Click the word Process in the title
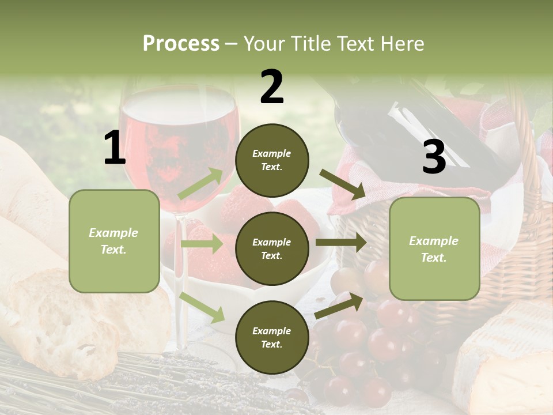click(x=181, y=43)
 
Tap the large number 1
click(x=115, y=148)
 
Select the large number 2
click(x=272, y=87)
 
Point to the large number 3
click(x=434, y=157)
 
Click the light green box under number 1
click(x=114, y=241)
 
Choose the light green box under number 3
click(x=434, y=248)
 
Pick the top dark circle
click(x=272, y=160)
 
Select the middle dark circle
click(x=272, y=248)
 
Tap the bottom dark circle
click(x=272, y=337)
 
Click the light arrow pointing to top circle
click(x=201, y=184)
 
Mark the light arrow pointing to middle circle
click(x=202, y=244)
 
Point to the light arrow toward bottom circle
click(x=202, y=306)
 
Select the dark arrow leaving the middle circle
click(x=340, y=243)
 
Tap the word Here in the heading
click(x=402, y=43)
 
